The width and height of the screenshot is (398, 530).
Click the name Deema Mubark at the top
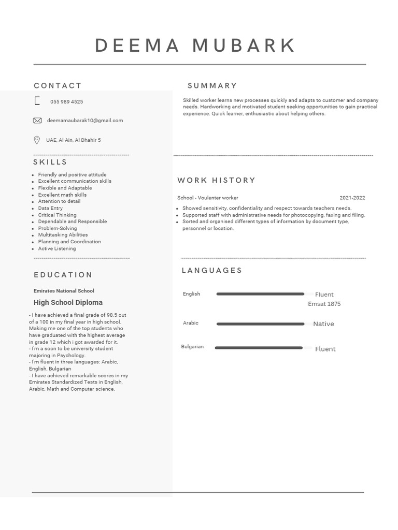click(x=195, y=46)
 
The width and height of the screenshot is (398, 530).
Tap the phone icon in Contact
click(x=37, y=101)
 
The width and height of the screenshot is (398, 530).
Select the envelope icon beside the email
click(x=37, y=121)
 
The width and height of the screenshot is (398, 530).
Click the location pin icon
click(x=37, y=140)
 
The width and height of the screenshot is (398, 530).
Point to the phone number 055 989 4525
click(x=66, y=102)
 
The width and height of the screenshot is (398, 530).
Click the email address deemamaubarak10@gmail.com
click(x=85, y=121)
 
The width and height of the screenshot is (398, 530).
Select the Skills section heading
click(x=50, y=162)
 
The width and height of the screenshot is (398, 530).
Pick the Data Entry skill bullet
click(x=50, y=208)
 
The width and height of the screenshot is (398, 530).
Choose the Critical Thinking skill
click(x=57, y=215)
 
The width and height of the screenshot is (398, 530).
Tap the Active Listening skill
click(x=57, y=248)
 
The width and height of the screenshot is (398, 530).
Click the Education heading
click(x=63, y=275)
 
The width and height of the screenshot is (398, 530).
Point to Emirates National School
click(x=64, y=291)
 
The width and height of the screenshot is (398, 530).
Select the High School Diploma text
click(x=68, y=302)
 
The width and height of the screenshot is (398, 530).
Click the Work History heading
click(x=217, y=180)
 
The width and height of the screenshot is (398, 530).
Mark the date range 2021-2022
click(x=352, y=198)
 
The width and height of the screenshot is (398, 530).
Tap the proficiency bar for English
click(x=260, y=294)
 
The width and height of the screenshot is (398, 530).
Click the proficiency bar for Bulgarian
click(x=259, y=348)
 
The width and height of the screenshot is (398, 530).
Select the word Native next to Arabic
click(x=323, y=324)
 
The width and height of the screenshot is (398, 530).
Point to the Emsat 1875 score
click(x=324, y=304)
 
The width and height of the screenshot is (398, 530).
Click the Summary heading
click(x=212, y=85)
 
